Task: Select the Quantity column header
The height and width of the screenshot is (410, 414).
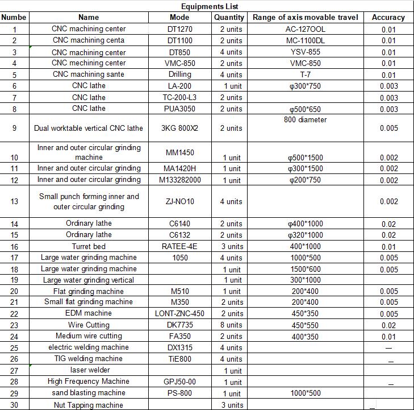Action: (229, 18)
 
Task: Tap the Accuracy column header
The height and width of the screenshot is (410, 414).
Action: (388, 18)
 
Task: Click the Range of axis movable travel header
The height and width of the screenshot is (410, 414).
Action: (306, 18)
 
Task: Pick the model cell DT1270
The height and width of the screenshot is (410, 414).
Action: (179, 29)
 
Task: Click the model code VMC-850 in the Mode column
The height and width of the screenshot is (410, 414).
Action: (179, 63)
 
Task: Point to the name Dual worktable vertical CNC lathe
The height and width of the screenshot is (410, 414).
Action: (89, 128)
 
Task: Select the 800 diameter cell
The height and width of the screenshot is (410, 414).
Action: (306, 120)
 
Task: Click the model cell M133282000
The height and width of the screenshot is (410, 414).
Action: (179, 180)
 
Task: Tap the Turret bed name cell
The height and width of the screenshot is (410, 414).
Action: (89, 246)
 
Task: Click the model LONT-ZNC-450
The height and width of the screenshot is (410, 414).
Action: (179, 313)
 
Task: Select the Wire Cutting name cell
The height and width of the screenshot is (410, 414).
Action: (89, 325)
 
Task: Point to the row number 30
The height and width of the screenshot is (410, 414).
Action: (14, 405)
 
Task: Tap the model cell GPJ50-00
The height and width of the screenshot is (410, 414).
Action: (179, 382)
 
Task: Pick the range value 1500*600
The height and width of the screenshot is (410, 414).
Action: (306, 269)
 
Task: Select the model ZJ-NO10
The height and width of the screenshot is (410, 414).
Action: (179, 201)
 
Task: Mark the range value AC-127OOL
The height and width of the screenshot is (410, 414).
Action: (306, 29)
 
